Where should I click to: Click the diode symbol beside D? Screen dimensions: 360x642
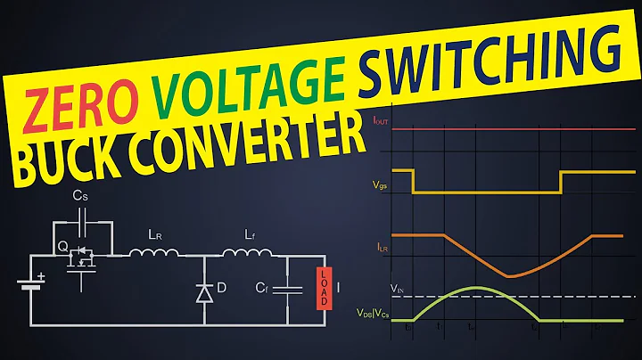[204, 292]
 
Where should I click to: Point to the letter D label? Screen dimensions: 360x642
[223, 288]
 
